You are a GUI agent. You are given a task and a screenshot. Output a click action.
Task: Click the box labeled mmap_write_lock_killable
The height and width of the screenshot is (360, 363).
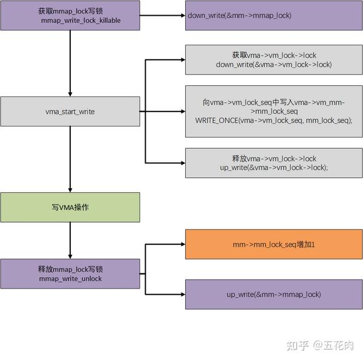pos(70,15)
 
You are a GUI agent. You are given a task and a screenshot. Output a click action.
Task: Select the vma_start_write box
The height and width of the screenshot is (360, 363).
pos(70,111)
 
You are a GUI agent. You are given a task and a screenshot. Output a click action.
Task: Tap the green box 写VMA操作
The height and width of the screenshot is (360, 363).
pos(70,207)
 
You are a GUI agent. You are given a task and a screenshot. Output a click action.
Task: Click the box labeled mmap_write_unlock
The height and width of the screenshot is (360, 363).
pos(70,274)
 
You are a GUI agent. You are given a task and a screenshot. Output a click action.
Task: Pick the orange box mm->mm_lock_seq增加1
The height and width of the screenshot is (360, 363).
pos(274,244)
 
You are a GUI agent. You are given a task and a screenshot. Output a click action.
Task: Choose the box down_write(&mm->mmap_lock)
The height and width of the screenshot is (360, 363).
pos(274,15)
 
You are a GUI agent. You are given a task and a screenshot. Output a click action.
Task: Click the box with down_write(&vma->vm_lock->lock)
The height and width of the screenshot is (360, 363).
pos(274,59)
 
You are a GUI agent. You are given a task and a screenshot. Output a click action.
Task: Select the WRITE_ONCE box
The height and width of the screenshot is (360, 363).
pos(274,111)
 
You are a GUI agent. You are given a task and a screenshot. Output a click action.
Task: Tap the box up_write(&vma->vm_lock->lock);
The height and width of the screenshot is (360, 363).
pos(274,163)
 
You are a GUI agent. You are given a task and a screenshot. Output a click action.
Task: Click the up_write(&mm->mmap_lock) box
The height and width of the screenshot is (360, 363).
pos(274,294)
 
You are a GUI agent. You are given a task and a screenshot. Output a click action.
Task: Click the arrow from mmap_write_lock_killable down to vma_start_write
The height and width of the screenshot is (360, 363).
pos(70,63)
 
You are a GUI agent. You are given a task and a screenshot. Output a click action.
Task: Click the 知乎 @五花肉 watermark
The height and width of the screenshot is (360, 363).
pos(320,345)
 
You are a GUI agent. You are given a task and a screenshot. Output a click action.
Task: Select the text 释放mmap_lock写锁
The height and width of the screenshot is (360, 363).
pos(70,269)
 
